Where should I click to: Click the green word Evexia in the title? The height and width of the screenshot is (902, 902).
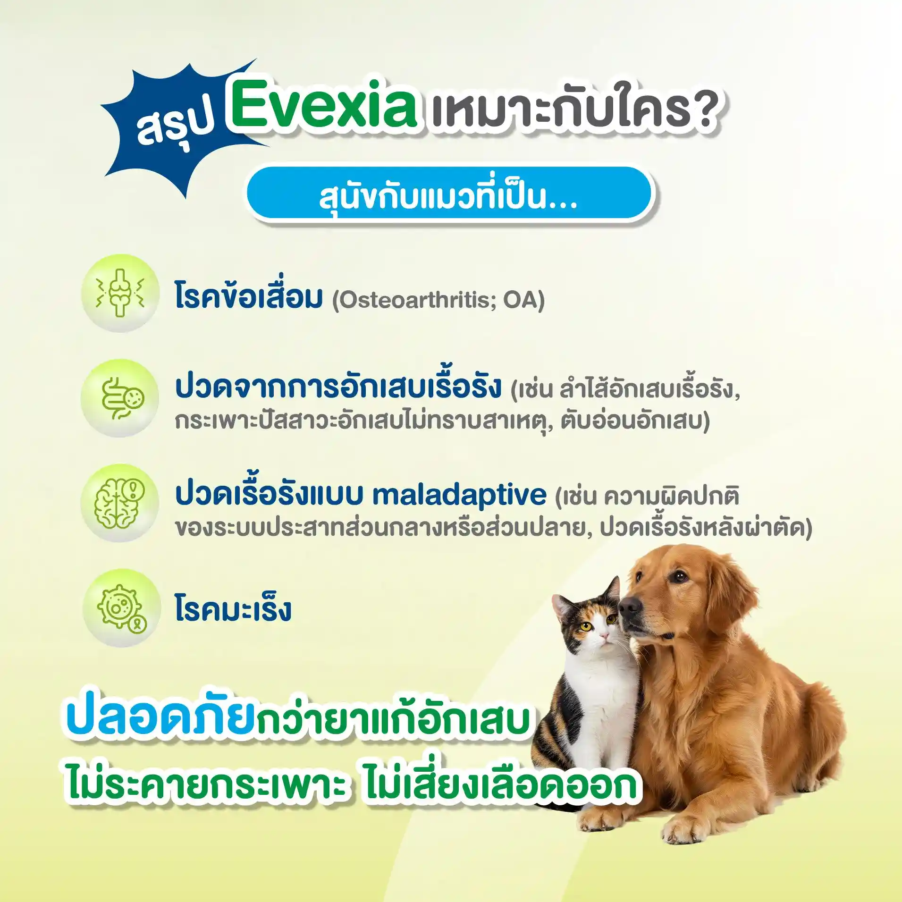[323, 103]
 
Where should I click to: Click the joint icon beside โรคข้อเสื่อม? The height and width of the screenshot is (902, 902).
[120, 293]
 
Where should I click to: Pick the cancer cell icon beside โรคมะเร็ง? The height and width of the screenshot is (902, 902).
[121, 608]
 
